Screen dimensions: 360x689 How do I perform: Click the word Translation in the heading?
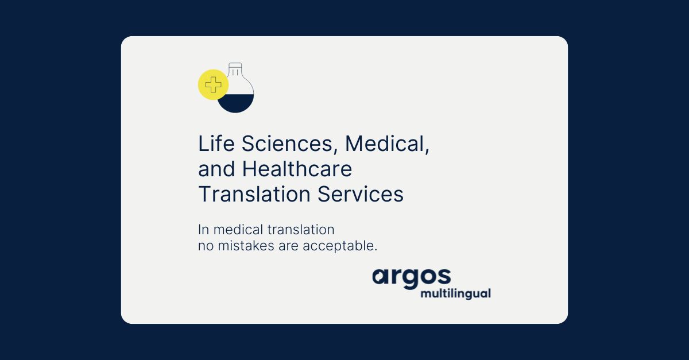click(254, 195)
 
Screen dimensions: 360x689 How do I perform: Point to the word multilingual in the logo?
click(455, 293)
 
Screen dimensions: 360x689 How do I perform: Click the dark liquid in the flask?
click(236, 104)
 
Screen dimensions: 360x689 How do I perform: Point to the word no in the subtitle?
click(204, 246)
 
